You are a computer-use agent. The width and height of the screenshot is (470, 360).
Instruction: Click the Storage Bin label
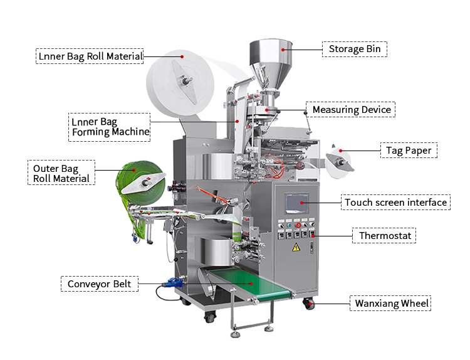click(355, 49)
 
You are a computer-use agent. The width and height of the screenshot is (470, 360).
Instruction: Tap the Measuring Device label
click(351, 110)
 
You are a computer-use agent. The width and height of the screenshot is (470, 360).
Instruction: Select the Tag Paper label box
click(409, 151)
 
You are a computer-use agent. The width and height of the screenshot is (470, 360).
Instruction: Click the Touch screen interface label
click(395, 203)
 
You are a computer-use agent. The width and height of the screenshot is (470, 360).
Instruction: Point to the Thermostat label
click(384, 236)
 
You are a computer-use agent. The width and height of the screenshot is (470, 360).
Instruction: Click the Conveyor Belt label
click(100, 283)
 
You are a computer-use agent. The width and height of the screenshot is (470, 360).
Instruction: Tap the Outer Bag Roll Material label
click(61, 172)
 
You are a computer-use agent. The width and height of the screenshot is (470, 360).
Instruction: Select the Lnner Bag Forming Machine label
click(110, 126)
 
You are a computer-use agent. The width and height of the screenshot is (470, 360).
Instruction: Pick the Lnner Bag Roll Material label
click(89, 56)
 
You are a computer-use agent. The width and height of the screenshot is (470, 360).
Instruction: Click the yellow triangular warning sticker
click(296, 247)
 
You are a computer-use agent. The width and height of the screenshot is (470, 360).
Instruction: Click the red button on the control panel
click(298, 225)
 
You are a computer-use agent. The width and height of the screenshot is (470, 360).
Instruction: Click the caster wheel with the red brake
click(310, 304)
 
